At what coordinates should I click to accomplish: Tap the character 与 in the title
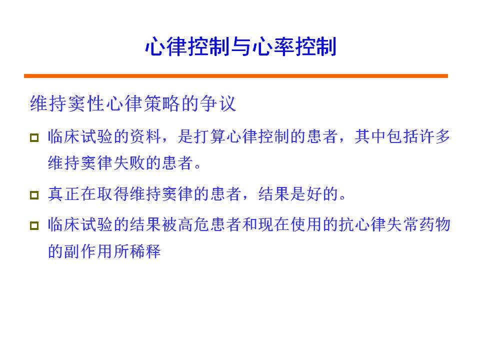241,46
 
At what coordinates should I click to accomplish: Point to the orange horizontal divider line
235,76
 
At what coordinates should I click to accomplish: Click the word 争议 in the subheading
218,103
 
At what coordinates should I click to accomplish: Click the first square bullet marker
34,137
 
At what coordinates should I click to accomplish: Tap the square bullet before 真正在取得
34,195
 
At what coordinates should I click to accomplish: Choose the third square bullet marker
34,225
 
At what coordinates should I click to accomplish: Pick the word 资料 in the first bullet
145,136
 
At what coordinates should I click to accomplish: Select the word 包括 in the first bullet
402,136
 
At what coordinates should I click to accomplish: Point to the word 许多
434,136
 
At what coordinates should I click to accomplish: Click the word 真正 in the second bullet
64,194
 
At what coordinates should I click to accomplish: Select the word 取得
113,194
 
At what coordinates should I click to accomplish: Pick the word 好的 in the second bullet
322,194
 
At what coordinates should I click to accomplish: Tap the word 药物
434,224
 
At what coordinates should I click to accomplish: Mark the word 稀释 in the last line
145,251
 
